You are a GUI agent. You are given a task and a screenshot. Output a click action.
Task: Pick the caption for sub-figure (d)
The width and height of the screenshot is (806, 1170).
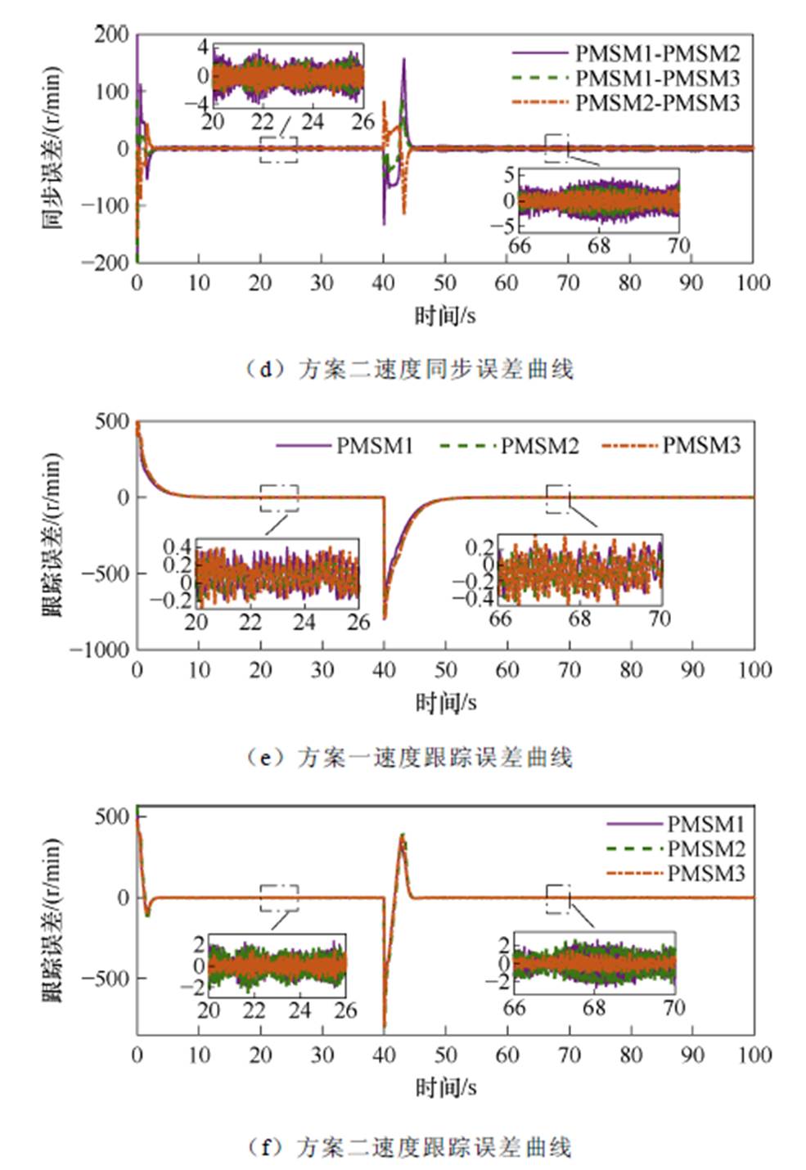point(409,369)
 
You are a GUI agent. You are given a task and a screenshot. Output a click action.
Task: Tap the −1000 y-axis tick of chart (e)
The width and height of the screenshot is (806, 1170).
point(99,650)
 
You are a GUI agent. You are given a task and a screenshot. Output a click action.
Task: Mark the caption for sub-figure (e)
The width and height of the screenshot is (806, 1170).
point(409,757)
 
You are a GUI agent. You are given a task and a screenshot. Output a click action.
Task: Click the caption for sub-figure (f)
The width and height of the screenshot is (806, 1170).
point(409,1147)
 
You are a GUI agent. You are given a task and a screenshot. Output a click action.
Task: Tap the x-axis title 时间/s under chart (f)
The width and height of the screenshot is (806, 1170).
point(445,1088)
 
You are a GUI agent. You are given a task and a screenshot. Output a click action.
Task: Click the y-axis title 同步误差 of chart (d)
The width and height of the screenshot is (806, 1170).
point(52,147)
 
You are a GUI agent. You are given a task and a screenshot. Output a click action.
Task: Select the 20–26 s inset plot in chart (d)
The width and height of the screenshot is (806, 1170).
point(287,76)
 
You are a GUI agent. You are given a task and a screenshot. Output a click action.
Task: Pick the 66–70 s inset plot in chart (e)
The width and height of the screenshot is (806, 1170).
point(579,570)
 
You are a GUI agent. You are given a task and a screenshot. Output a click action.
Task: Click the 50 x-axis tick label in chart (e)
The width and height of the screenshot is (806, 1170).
point(445,670)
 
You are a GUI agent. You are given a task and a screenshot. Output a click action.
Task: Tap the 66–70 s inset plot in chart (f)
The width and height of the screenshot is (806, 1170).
point(593,962)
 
